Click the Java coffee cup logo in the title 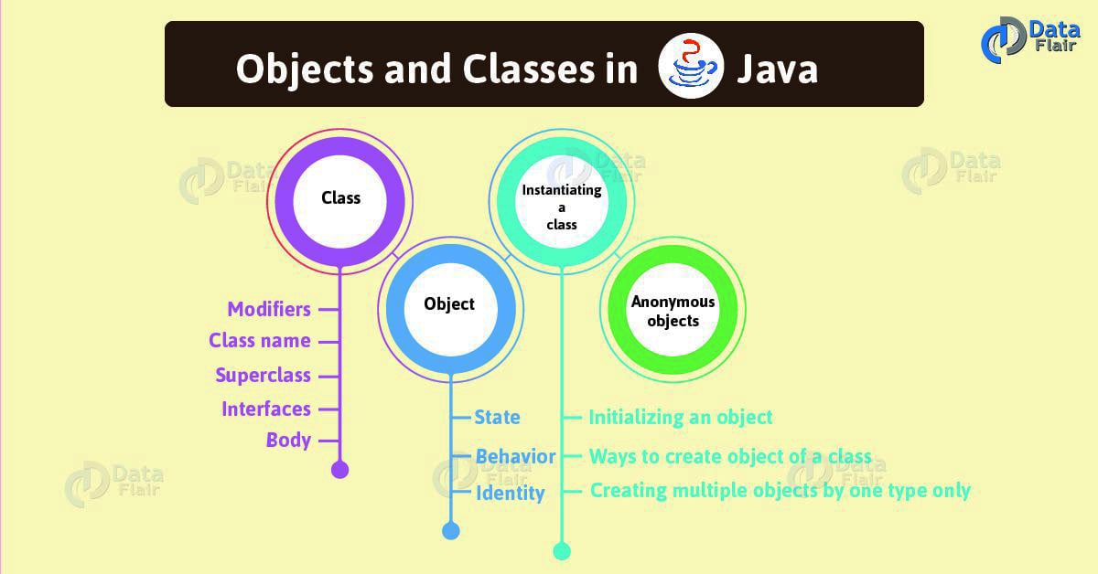[x=692, y=69]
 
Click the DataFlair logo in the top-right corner [x=1033, y=41]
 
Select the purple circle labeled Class [x=340, y=197]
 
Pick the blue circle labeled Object [x=449, y=303]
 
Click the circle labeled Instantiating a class [x=561, y=207]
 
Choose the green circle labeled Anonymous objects [x=673, y=312]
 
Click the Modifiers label [x=269, y=309]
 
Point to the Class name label [x=260, y=341]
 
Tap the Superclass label [x=263, y=376]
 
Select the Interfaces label [x=266, y=409]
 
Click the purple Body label [x=288, y=440]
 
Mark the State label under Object [x=497, y=418]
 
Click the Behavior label [x=515, y=456]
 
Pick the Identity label [x=510, y=494]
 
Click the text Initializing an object [x=681, y=418]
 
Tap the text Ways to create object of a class [x=730, y=456]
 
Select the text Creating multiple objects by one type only [x=780, y=491]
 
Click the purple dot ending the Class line [x=339, y=470]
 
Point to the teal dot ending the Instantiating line [x=562, y=550]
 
